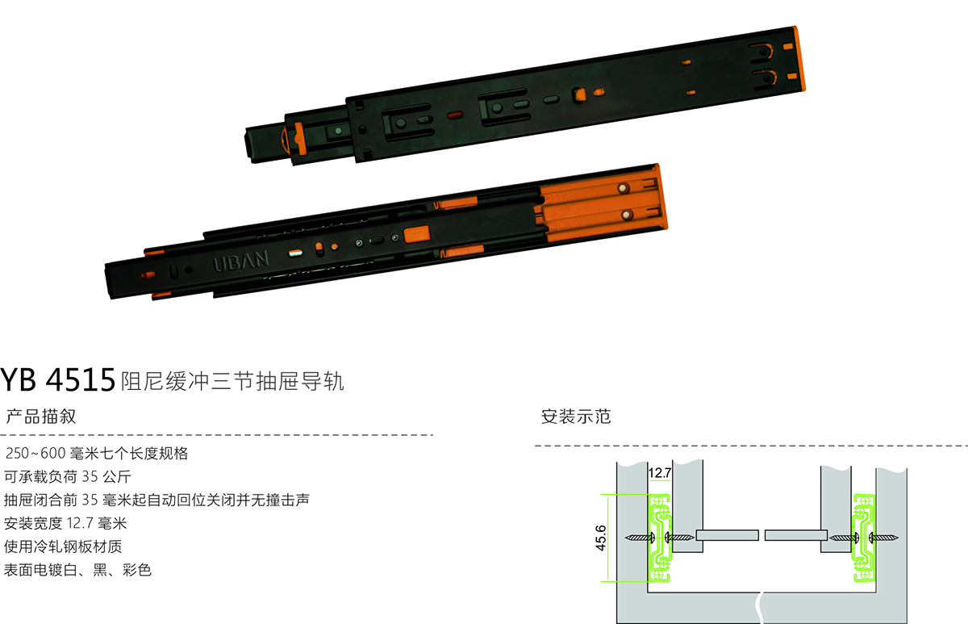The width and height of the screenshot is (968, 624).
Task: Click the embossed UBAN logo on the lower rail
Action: pyautogui.click(x=240, y=262)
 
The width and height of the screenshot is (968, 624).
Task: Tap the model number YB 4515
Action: pyautogui.click(x=58, y=380)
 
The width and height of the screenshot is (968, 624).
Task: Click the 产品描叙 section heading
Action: pyautogui.click(x=41, y=417)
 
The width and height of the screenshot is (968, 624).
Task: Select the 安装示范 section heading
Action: pyautogui.click(x=576, y=417)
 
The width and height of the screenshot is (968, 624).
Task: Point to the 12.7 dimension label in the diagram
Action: pyautogui.click(x=660, y=473)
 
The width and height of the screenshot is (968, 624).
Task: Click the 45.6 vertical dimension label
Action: pyautogui.click(x=601, y=538)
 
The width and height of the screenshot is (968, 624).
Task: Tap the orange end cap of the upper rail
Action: pyautogui.click(x=799, y=58)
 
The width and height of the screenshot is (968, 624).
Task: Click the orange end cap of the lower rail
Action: pyautogui.click(x=661, y=197)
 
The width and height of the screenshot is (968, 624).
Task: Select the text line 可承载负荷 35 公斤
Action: pyautogui.click(x=68, y=476)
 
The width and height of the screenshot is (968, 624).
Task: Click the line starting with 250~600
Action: pyautogui.click(x=97, y=453)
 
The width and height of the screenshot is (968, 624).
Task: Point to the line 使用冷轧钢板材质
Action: pyautogui.click(x=63, y=547)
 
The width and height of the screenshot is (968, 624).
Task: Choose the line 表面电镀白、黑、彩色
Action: pyautogui.click(x=77, y=570)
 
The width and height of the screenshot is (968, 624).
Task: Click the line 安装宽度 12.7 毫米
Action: pyautogui.click(x=65, y=523)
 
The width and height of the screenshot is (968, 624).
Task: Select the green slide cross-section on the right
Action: pyautogui.click(x=864, y=538)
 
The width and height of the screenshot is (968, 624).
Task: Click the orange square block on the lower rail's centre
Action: pyautogui.click(x=417, y=234)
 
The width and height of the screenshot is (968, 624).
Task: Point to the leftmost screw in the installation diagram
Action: pyautogui.click(x=640, y=538)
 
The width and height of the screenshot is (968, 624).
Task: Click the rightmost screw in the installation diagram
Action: pyautogui.click(x=884, y=538)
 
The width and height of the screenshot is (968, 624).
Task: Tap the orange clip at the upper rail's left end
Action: pyautogui.click(x=298, y=138)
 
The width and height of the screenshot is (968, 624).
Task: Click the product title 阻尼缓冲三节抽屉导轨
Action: pyautogui.click(x=232, y=381)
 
